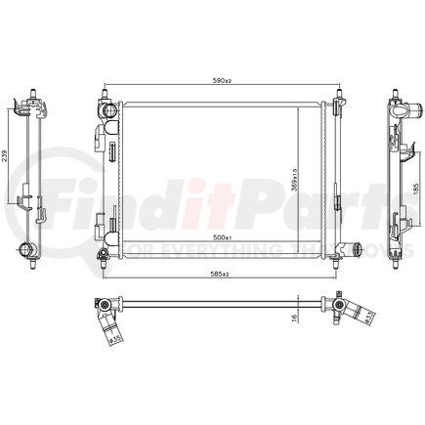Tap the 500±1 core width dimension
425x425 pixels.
coord(222,237)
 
